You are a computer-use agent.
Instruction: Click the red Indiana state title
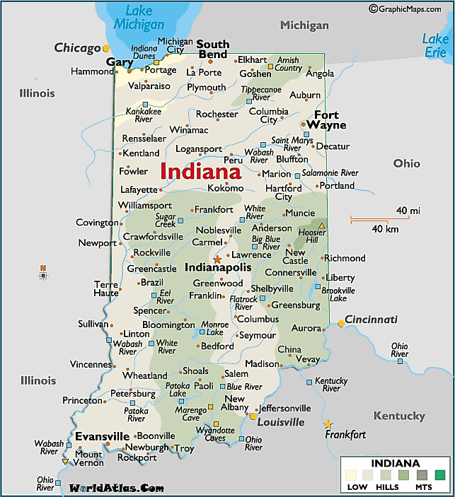pos(200,171)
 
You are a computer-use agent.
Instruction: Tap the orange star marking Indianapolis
pos(217,259)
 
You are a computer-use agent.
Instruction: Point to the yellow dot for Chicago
pos(106,48)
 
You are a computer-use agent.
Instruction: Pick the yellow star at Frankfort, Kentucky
pos(328,424)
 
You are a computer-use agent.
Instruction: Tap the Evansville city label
pos(102,435)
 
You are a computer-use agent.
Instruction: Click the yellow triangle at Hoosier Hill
pos(322,226)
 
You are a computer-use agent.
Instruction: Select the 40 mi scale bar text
pos(408,211)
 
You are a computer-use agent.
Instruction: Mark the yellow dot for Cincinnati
pos(341,323)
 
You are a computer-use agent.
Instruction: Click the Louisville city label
pos(280,422)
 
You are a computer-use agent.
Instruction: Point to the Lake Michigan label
pos(139,18)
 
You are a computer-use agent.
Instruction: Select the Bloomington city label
pos(168,325)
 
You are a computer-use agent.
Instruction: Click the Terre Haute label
pos(106,288)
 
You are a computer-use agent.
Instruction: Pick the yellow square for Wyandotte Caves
pos(217,425)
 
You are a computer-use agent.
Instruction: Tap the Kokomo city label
pos(225,188)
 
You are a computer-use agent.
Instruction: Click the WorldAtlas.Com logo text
pos(116,488)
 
